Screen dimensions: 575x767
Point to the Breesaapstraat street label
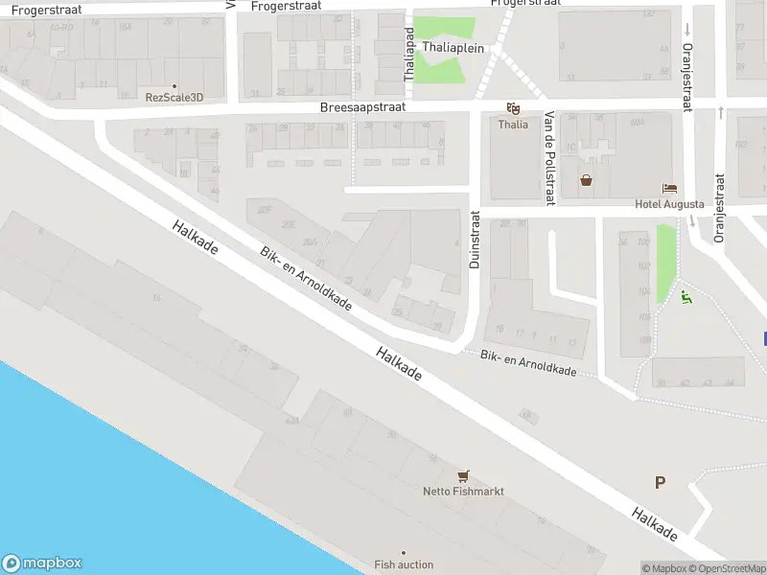pyautogui.click(x=362, y=107)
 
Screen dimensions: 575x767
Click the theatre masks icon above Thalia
pyautogui.click(x=513, y=108)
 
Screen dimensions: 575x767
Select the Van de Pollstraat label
pyautogui.click(x=549, y=156)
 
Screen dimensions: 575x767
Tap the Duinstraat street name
pyautogui.click(x=474, y=240)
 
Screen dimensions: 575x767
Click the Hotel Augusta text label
pyautogui.click(x=669, y=204)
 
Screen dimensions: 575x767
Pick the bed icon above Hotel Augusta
pyautogui.click(x=669, y=188)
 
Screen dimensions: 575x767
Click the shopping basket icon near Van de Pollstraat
pyautogui.click(x=586, y=179)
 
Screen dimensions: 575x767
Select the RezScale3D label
pyautogui.click(x=174, y=97)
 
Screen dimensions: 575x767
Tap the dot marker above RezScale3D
pyautogui.click(x=174, y=85)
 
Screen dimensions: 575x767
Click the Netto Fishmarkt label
pyautogui.click(x=463, y=492)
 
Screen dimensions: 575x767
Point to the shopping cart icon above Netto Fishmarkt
pyautogui.click(x=464, y=475)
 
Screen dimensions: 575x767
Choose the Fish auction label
pyautogui.click(x=404, y=564)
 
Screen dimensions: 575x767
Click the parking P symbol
pyautogui.click(x=660, y=482)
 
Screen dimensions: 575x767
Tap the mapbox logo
pyautogui.click(x=42, y=563)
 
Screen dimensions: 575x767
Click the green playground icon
pyautogui.click(x=685, y=298)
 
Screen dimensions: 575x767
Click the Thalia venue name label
pyautogui.click(x=513, y=125)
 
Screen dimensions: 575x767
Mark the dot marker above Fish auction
pyautogui.click(x=404, y=553)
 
